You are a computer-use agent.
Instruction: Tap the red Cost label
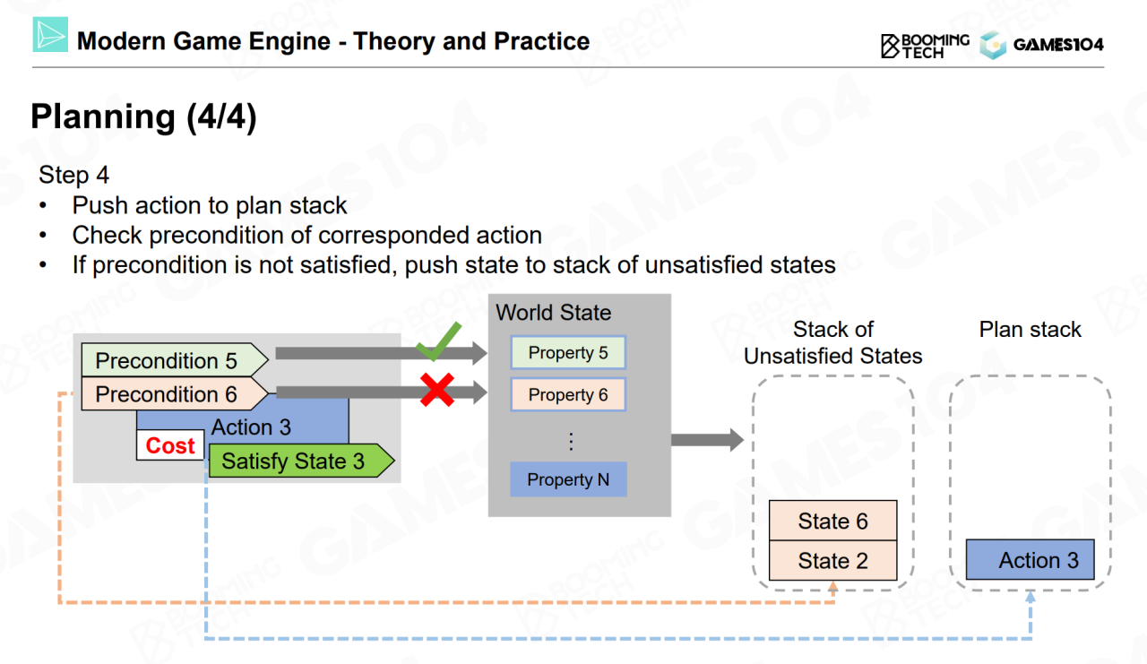[x=170, y=445]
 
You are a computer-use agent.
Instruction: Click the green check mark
[x=438, y=343]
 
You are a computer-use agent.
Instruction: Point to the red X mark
[x=436, y=390]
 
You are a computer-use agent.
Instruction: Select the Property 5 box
[x=567, y=353]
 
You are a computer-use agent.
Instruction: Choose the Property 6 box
[x=567, y=394]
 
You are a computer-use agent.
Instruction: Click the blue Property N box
[x=567, y=479]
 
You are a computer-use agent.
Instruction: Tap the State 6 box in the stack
[x=832, y=521]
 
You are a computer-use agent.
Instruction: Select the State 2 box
[x=832, y=561]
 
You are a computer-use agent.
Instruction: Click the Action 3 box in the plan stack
[x=1030, y=560]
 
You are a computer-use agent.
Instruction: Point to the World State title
[x=553, y=313]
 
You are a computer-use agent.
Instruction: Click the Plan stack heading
[x=1030, y=330]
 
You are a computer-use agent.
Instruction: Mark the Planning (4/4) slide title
[x=143, y=117]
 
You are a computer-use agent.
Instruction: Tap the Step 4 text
[x=73, y=175]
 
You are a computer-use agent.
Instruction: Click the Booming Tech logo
[x=925, y=45]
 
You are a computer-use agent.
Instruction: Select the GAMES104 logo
[x=1042, y=45]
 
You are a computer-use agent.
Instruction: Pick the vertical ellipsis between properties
[x=570, y=440]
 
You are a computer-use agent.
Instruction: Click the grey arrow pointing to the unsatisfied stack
[x=706, y=439]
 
